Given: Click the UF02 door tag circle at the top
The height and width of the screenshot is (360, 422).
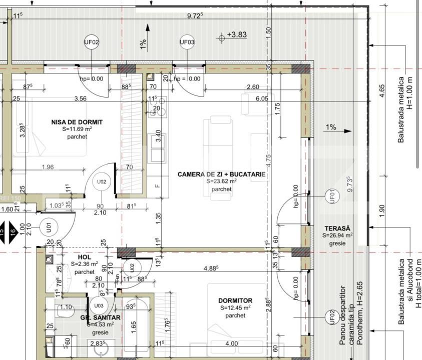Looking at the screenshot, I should [x=91, y=42].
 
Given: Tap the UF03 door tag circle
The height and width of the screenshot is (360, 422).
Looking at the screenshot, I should [x=187, y=42].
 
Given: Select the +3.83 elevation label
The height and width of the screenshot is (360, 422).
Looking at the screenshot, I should [x=237, y=34].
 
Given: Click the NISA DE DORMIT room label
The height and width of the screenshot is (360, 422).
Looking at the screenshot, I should [x=77, y=121].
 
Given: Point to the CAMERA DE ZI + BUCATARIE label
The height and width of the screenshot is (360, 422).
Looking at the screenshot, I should [x=221, y=174].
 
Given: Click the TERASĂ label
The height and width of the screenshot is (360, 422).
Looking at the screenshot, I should [x=337, y=227].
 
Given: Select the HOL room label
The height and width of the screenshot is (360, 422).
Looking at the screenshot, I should [x=84, y=256].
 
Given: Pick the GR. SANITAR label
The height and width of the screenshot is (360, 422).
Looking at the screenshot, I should [x=101, y=317].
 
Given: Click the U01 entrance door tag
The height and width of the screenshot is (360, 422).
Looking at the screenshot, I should [x=49, y=227].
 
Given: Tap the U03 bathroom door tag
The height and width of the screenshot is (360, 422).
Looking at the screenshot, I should [x=99, y=305].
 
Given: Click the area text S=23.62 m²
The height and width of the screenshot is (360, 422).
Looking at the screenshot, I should [x=221, y=181].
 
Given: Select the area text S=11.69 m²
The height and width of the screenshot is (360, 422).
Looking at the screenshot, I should [x=77, y=129].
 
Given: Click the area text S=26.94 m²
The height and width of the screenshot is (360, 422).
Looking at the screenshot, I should [x=337, y=235].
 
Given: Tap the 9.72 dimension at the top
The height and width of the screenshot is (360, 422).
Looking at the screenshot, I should [x=195, y=16].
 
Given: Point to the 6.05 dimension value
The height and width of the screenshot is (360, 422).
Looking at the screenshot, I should [x=262, y=99].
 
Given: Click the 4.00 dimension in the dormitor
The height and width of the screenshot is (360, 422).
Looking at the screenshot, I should [x=232, y=343].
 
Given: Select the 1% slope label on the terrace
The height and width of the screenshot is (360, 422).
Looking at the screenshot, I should [x=331, y=127].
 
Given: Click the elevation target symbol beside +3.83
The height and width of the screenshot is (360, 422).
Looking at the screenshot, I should [x=221, y=37].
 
